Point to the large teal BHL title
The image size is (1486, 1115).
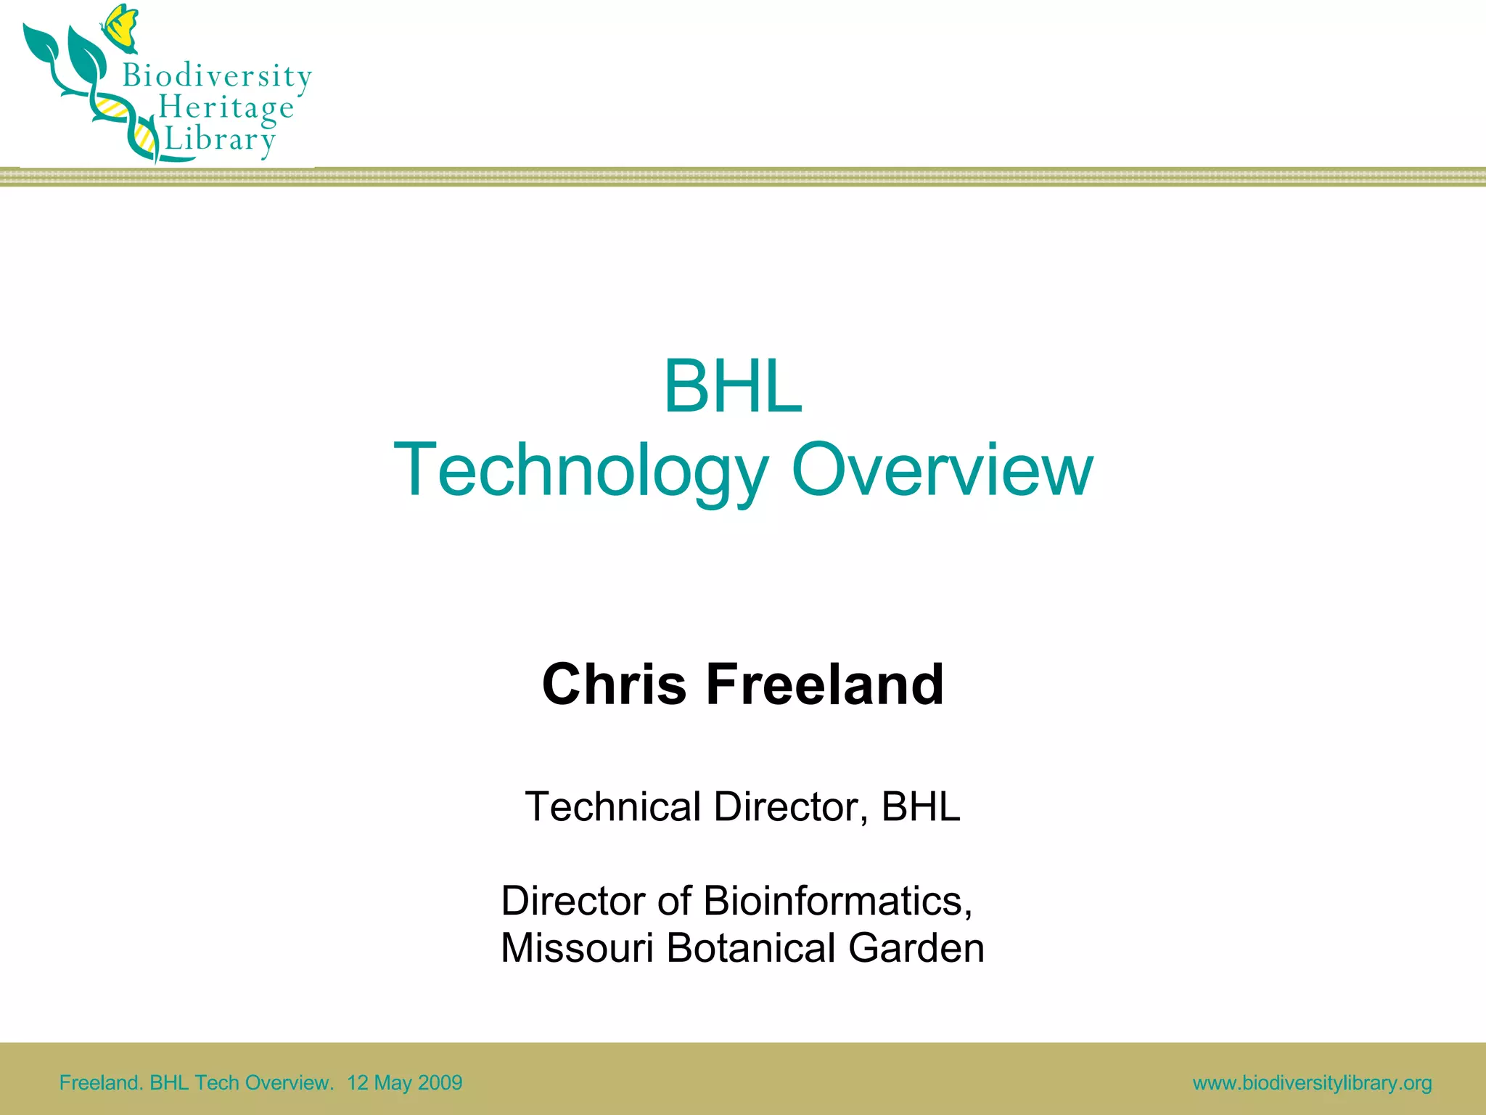[733, 387]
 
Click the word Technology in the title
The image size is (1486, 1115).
[580, 470]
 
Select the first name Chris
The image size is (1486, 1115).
[614, 684]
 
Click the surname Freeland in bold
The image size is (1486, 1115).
[825, 684]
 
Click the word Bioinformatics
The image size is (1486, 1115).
[838, 901]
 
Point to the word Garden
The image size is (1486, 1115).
[916, 948]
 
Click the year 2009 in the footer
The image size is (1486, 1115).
[440, 1083]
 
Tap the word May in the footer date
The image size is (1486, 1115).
[393, 1083]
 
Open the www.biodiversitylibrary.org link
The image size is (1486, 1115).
[1312, 1083]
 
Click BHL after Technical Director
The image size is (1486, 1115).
[921, 806]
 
